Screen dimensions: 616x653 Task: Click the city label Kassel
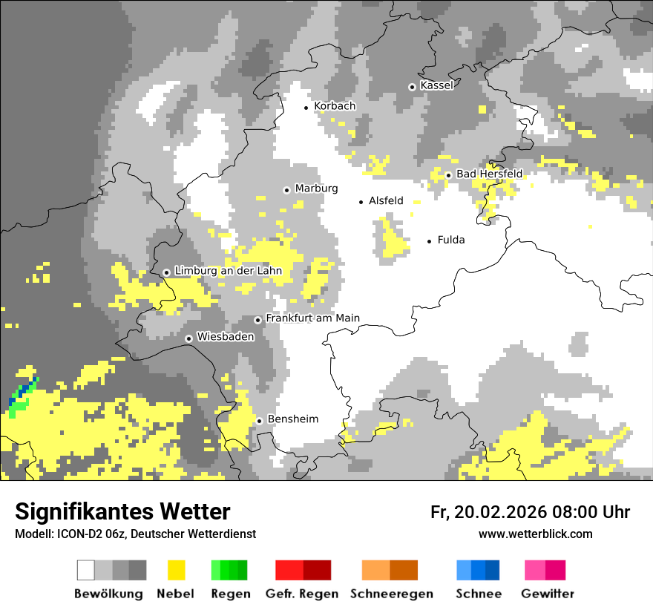tap(436, 85)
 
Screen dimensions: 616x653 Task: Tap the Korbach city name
tap(335, 106)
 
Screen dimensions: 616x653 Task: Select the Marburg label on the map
tap(316, 189)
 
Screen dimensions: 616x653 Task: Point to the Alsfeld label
tap(386, 200)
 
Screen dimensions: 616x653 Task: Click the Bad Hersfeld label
tap(489, 174)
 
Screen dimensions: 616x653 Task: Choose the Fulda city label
tap(451, 240)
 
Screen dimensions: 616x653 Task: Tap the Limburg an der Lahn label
tap(228, 271)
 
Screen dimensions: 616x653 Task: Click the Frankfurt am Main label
tap(312, 318)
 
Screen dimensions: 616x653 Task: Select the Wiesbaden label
tap(225, 337)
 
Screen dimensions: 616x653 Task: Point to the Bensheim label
tap(292, 419)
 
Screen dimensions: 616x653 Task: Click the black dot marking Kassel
tap(412, 87)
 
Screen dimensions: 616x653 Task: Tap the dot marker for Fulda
tap(429, 241)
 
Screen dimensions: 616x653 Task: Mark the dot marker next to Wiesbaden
tap(188, 338)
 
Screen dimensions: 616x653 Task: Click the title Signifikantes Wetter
tap(122, 511)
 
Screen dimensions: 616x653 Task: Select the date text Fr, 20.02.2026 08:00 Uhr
tap(530, 512)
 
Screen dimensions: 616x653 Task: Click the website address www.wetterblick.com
tap(535, 534)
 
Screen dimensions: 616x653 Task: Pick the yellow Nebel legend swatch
tap(176, 570)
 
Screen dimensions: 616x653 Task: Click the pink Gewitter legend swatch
tap(545, 570)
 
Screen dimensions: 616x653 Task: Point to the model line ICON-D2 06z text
tap(135, 534)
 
